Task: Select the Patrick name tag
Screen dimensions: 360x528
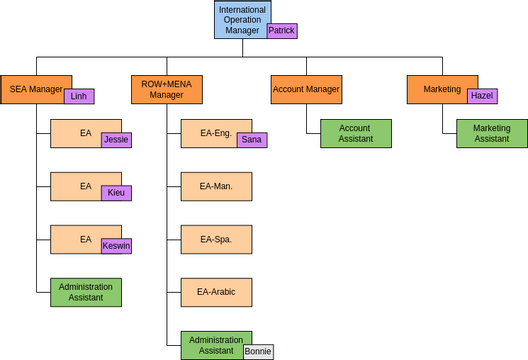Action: coord(281,31)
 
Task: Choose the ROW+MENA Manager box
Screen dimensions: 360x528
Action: coord(166,89)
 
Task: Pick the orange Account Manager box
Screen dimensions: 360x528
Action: coord(306,89)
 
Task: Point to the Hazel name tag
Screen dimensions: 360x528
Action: coord(482,96)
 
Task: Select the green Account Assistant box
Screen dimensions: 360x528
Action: coord(355,133)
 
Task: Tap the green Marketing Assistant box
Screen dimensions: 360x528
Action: coord(491,133)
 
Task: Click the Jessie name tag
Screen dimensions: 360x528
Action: coord(116,140)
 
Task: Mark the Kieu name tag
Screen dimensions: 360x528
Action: coord(116,192)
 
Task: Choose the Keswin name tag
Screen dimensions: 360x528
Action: coord(116,245)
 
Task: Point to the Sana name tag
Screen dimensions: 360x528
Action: coord(252,140)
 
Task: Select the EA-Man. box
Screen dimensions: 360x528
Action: coord(216,186)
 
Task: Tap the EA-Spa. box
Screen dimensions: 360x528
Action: coord(216,239)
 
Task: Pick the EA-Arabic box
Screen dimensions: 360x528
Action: coord(216,292)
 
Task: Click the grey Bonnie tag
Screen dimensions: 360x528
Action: coord(257,351)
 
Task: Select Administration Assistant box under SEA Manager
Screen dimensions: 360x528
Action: coord(85,292)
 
